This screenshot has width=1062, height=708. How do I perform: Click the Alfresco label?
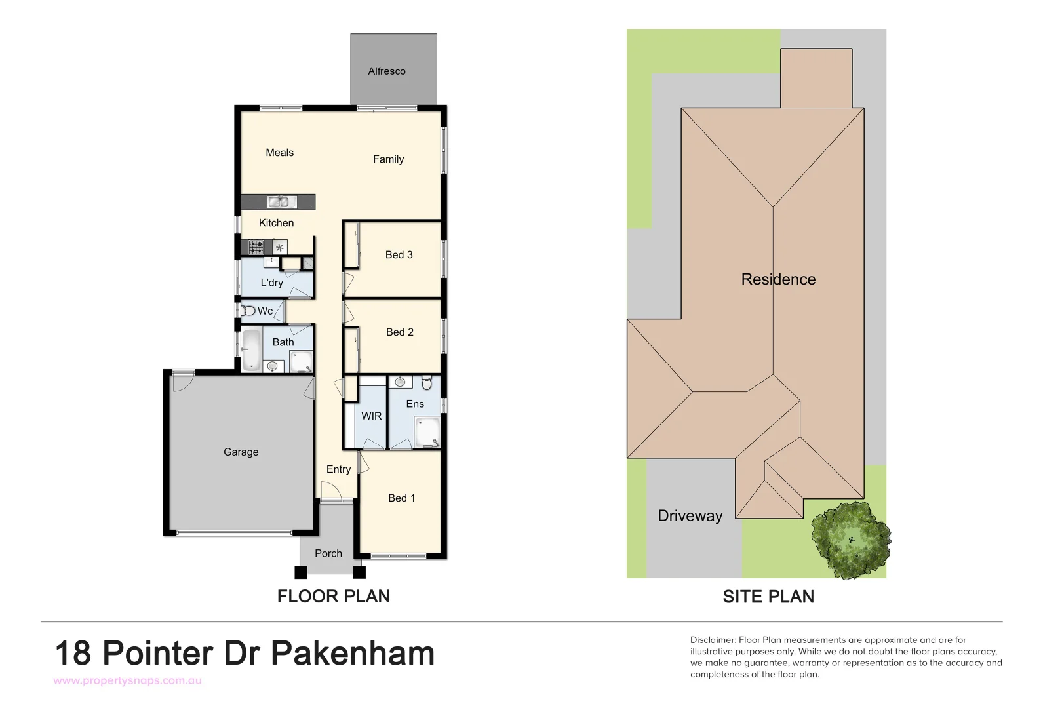click(x=387, y=71)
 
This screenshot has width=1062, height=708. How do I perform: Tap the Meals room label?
click(x=279, y=153)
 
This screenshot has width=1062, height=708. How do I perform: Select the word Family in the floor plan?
click(x=388, y=159)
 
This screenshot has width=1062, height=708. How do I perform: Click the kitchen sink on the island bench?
click(x=279, y=202)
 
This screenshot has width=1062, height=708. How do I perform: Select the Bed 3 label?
click(x=399, y=255)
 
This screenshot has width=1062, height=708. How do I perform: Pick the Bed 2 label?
click(x=399, y=332)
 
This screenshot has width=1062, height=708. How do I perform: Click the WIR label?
click(x=371, y=416)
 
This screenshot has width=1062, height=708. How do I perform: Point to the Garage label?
click(x=241, y=452)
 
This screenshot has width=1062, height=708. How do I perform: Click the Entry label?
click(x=338, y=469)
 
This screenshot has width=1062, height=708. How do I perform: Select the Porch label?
click(x=328, y=553)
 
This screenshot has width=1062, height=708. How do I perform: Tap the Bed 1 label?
click(x=401, y=498)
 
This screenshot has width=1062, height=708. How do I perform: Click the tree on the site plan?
click(x=851, y=539)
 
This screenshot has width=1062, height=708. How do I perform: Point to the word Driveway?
click(x=690, y=516)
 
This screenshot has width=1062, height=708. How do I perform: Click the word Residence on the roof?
click(x=778, y=279)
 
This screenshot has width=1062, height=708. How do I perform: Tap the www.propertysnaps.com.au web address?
click(x=127, y=680)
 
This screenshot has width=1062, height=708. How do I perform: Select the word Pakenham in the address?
click(x=353, y=654)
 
